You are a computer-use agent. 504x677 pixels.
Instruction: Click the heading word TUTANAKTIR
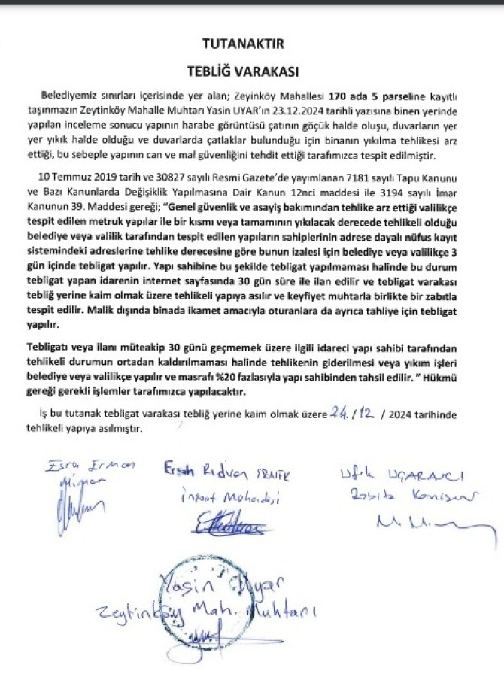pos(242,45)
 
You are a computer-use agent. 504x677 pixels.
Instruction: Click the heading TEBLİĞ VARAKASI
pos(242,72)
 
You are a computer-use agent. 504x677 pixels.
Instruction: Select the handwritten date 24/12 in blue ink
pos(358,414)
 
